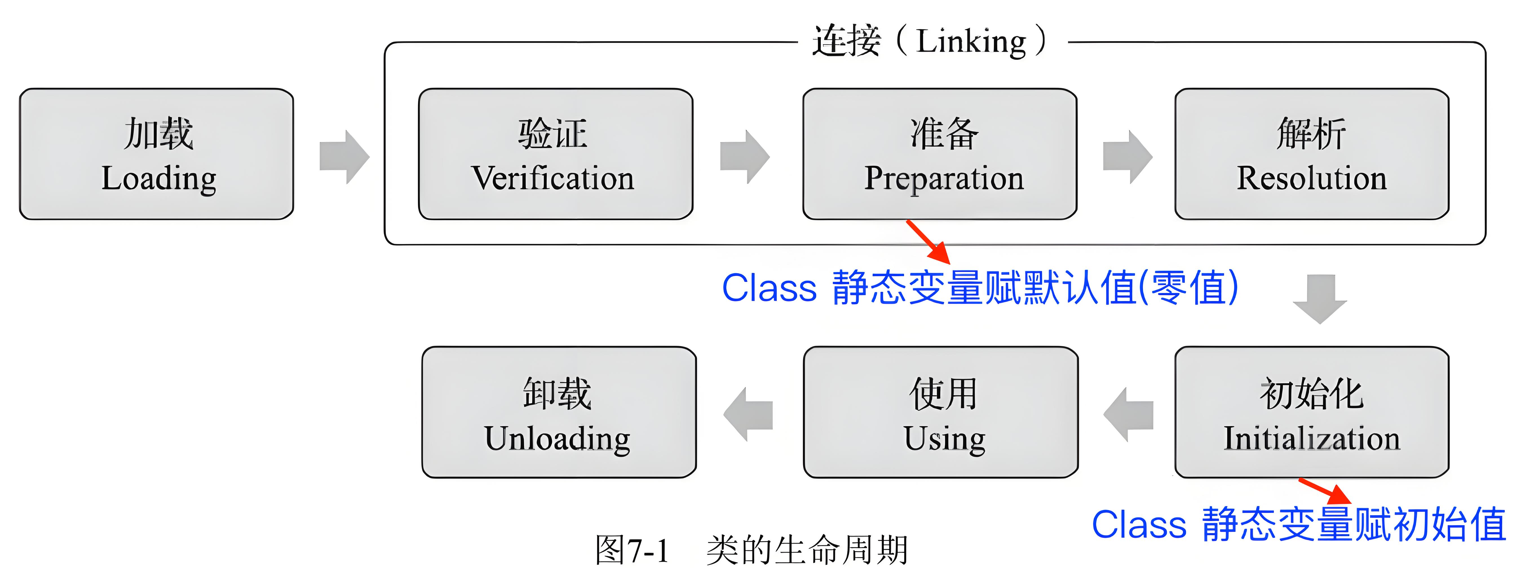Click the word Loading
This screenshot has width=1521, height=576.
coord(159,178)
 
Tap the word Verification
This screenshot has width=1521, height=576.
coord(553,178)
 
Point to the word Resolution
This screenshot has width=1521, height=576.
coord(1311,178)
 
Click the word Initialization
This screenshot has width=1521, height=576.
coord(1311,438)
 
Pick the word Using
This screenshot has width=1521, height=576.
coord(944,438)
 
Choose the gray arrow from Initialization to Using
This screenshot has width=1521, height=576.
coord(1128,414)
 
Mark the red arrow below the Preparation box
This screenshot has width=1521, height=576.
coord(928,242)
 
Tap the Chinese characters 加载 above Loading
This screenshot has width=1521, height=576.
coord(159,133)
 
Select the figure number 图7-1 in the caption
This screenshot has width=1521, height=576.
coord(632,550)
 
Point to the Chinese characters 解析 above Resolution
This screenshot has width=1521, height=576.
coord(1311,133)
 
